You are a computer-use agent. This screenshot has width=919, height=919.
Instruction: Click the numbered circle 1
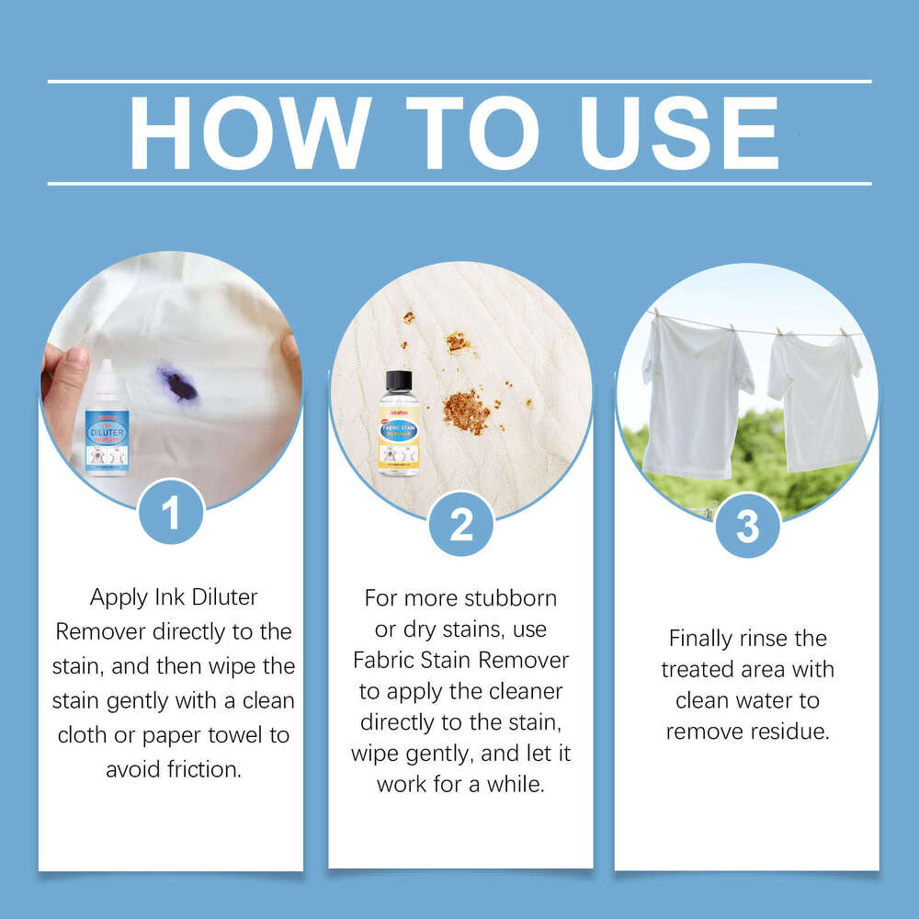click(x=171, y=513)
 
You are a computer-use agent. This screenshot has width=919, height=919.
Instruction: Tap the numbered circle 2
click(x=460, y=525)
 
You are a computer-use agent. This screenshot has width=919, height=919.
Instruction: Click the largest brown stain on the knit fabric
click(x=465, y=410)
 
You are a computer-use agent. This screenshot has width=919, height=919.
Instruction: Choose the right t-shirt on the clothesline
click(x=818, y=399)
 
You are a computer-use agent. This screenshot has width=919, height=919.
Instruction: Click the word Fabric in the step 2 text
click(x=387, y=660)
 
